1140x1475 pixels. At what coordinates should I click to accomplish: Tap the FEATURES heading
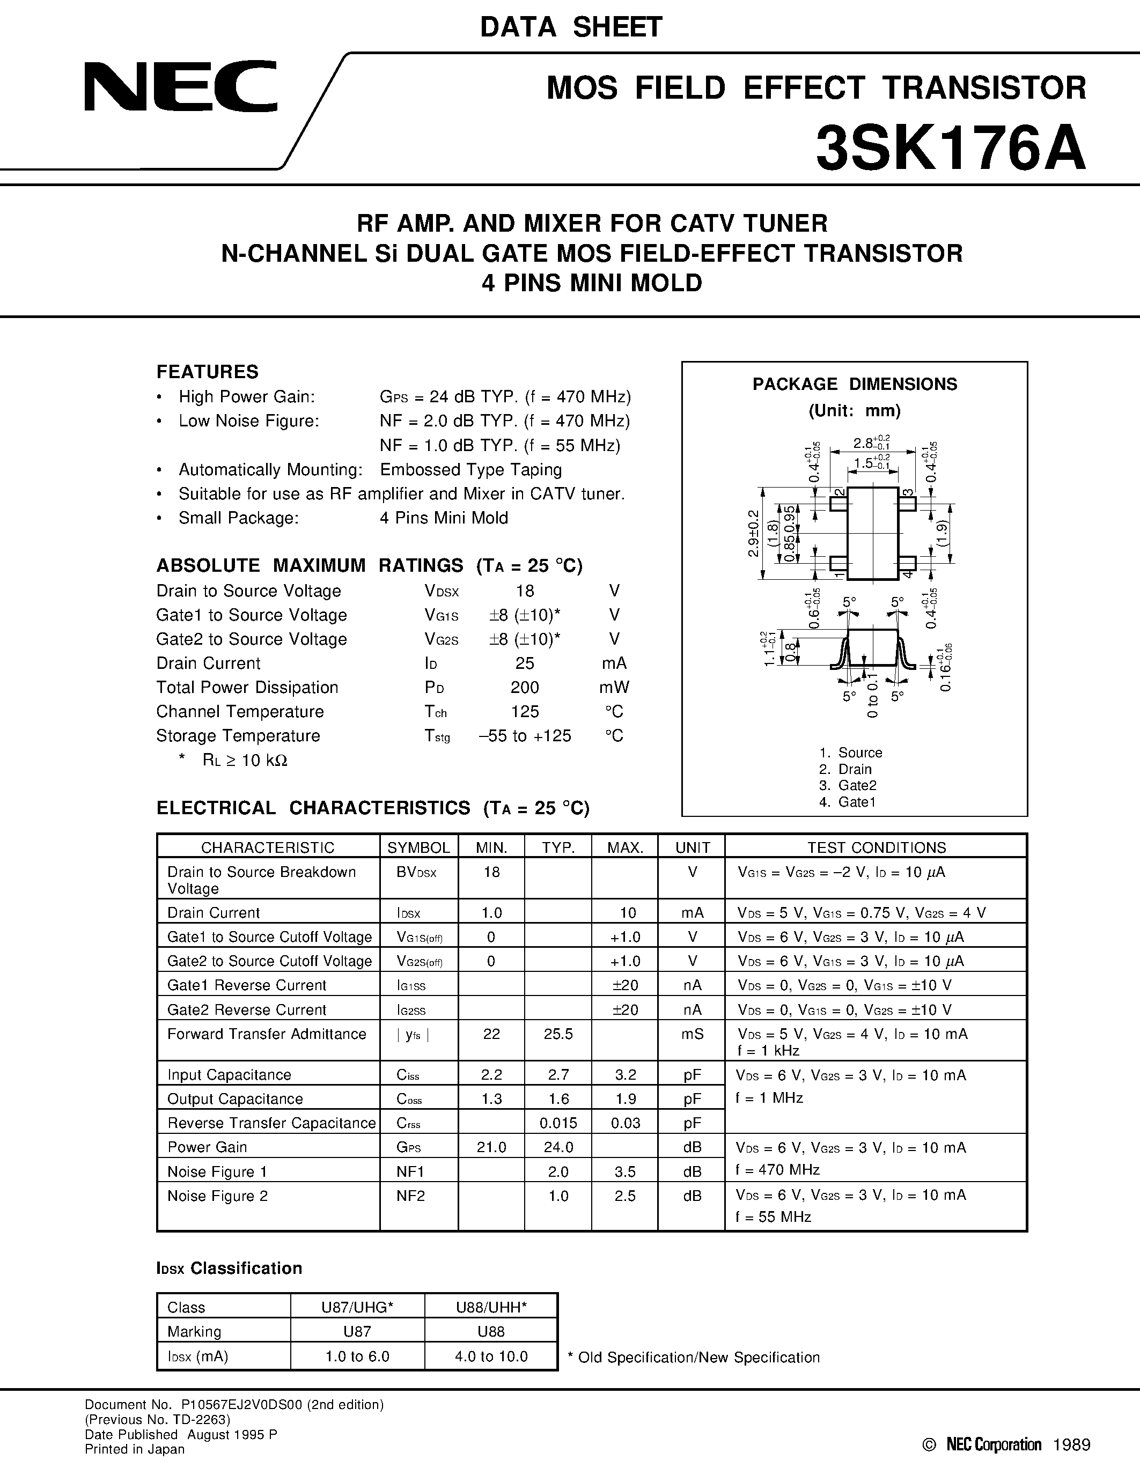point(207,372)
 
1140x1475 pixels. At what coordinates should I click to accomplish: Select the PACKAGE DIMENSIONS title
point(854,384)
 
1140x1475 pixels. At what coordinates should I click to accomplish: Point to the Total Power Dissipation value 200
point(524,688)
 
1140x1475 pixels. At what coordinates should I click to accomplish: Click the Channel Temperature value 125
point(524,712)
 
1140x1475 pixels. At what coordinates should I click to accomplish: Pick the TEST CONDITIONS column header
point(876,847)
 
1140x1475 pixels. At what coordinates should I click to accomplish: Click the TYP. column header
point(558,847)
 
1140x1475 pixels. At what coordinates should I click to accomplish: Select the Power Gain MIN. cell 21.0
point(491,1147)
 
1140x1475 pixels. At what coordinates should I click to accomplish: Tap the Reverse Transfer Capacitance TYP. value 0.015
point(558,1123)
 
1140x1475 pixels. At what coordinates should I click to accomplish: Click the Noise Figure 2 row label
point(217,1196)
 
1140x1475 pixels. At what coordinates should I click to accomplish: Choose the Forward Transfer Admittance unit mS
point(692,1034)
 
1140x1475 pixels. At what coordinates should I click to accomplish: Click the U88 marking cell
point(491,1331)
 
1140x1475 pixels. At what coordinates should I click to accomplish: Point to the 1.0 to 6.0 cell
point(357,1356)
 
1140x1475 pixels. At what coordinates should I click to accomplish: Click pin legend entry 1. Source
point(850,753)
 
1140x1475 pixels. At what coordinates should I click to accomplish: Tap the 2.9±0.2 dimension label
point(754,534)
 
